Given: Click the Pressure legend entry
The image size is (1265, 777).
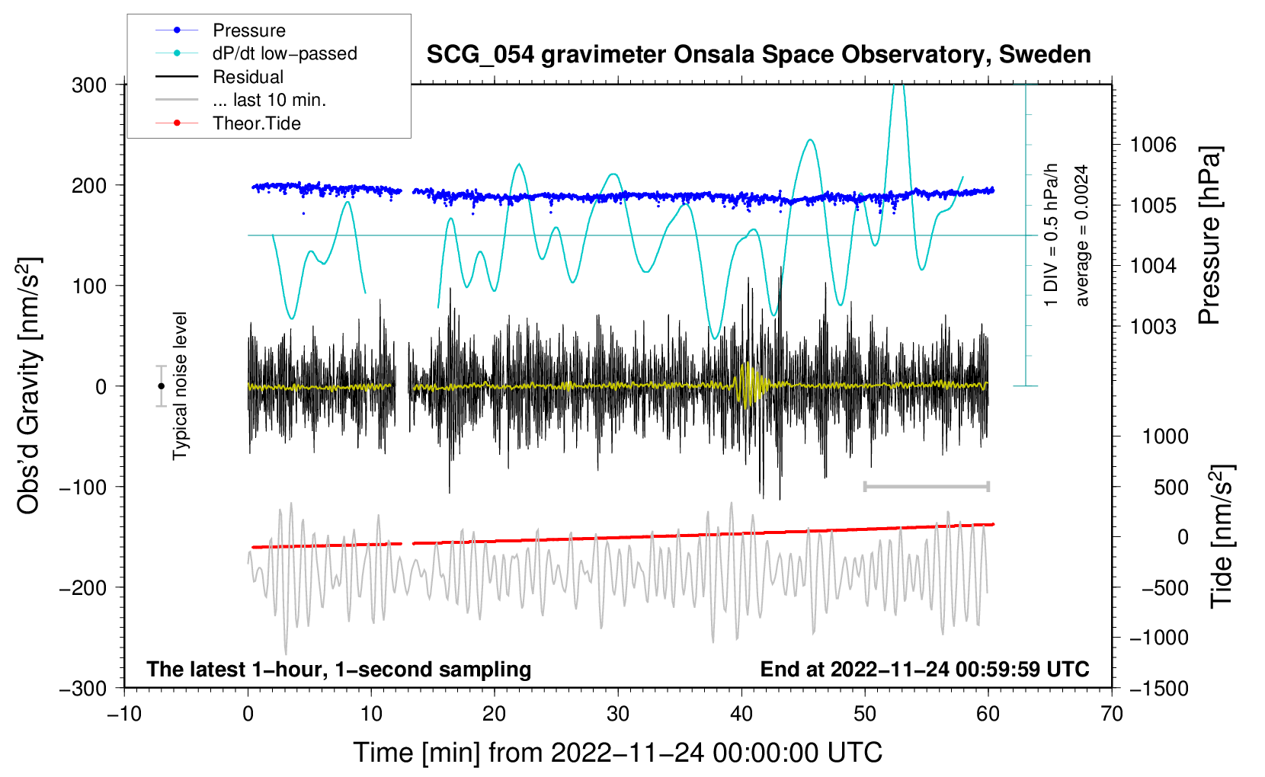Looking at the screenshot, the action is pos(221,30).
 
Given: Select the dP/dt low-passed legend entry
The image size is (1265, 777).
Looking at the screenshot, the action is pos(256,53).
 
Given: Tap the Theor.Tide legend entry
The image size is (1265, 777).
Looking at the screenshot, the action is pos(228,123).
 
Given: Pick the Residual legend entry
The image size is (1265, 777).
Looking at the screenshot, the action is pos(219,77).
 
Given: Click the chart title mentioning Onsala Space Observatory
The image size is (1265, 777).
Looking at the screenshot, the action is pos(758,55).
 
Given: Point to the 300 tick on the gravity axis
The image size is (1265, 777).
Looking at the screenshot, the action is pos(89,85).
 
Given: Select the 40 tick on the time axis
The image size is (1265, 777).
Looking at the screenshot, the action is pos(741,714).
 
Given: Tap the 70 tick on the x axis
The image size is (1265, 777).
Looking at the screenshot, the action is pos(1111,714).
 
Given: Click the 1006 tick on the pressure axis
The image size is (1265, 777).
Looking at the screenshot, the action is pos(1153,145).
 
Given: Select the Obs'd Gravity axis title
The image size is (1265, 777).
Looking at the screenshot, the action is pos(28,385).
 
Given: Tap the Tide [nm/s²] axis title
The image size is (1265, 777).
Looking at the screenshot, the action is pos(1222,536).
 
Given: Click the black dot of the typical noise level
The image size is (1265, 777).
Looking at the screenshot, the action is pos(161,386).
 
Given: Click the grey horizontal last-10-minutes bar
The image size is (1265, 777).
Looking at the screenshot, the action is pos(926,486).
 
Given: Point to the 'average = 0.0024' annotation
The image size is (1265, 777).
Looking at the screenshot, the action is pos(1081,235).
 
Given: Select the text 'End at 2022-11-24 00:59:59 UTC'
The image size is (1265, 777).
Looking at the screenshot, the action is pos(924,669).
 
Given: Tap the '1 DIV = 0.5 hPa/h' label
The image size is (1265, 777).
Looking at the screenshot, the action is pos(1050,235).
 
